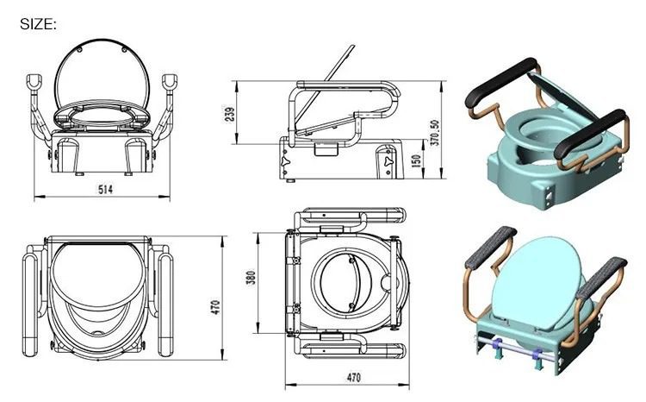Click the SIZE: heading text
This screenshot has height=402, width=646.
click(38, 24)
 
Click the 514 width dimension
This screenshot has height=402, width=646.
click(105, 190)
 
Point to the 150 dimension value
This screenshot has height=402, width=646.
click(416, 160)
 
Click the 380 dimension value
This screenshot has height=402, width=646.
click(251, 278)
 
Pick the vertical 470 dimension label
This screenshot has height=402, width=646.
click(215, 307)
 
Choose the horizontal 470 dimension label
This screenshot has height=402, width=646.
click(353, 377)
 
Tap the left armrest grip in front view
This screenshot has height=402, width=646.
click(34, 82)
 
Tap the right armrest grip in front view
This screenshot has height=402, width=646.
click(170, 82)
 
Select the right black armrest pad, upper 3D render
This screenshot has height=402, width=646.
click(590, 134)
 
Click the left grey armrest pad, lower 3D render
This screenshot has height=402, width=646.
click(491, 248)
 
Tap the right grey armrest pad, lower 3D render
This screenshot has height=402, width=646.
click(601, 278)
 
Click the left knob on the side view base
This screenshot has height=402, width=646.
click(285, 160)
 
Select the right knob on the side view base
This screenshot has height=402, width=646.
click(388, 160)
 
